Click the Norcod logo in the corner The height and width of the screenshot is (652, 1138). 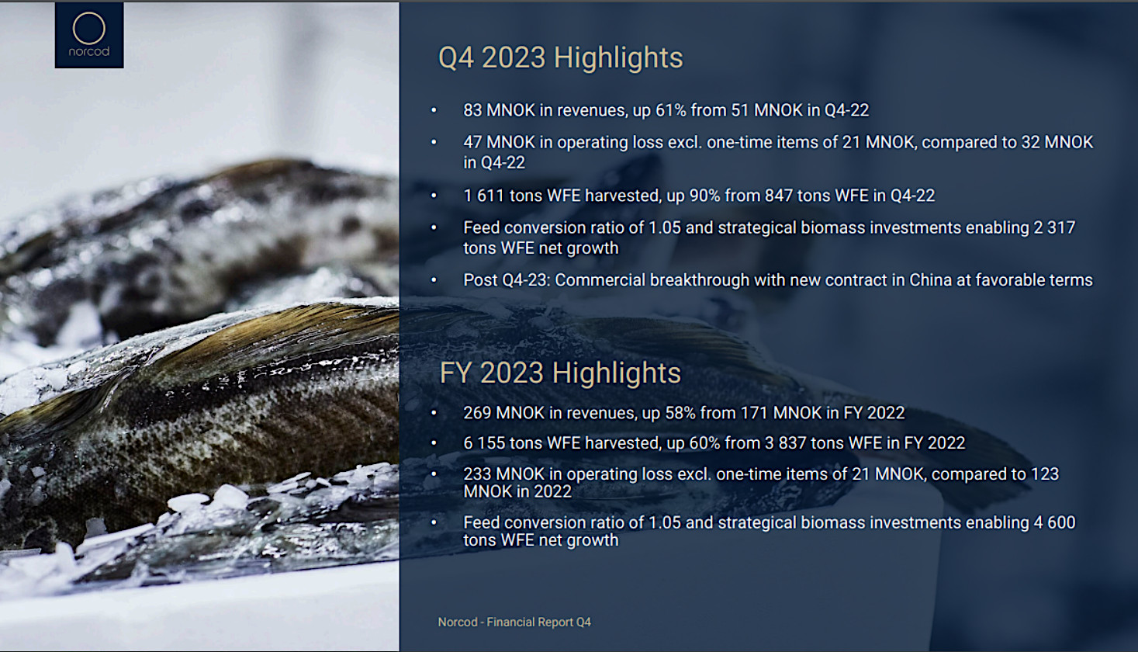(89, 35)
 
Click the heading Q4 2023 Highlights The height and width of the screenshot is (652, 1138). (560, 57)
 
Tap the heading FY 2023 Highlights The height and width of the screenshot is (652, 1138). (560, 373)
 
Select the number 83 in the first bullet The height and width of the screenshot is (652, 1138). (472, 110)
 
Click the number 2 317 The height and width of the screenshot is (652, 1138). (1054, 227)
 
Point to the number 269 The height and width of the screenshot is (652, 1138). (477, 413)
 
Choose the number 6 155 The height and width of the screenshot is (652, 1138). (484, 443)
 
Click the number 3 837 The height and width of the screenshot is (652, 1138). (785, 443)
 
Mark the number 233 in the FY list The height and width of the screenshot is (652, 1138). (477, 474)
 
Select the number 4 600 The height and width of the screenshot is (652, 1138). (1055, 523)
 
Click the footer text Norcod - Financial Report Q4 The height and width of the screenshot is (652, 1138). (514, 622)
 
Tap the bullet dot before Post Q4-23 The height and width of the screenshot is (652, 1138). (434, 280)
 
